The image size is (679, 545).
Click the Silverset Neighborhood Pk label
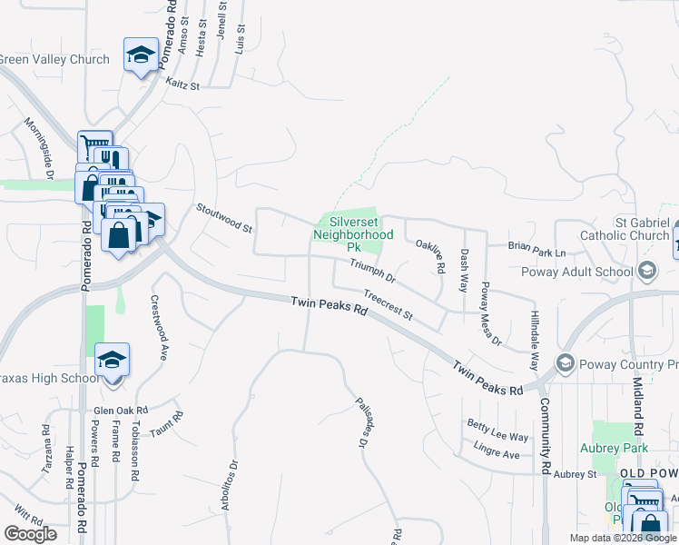point(350,233)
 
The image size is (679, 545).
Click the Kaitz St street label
point(182,83)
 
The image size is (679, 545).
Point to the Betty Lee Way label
point(497,431)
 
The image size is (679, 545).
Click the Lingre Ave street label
point(497,449)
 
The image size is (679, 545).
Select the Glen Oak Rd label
point(121,411)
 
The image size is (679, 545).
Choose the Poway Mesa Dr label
point(490,314)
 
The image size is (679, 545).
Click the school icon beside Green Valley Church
point(141,55)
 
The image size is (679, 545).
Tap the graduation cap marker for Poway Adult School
point(646,271)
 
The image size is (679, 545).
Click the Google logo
point(31,534)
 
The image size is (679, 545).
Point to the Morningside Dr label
point(39,147)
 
